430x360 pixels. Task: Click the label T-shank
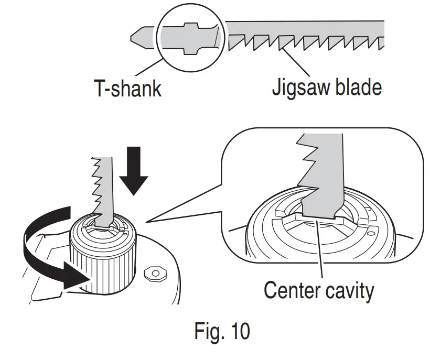coord(127,89)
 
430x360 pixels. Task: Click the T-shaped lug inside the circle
coord(191,38)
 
